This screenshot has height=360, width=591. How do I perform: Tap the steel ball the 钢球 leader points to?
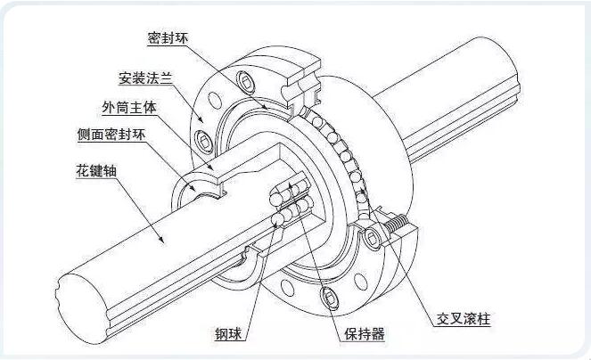275,218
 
